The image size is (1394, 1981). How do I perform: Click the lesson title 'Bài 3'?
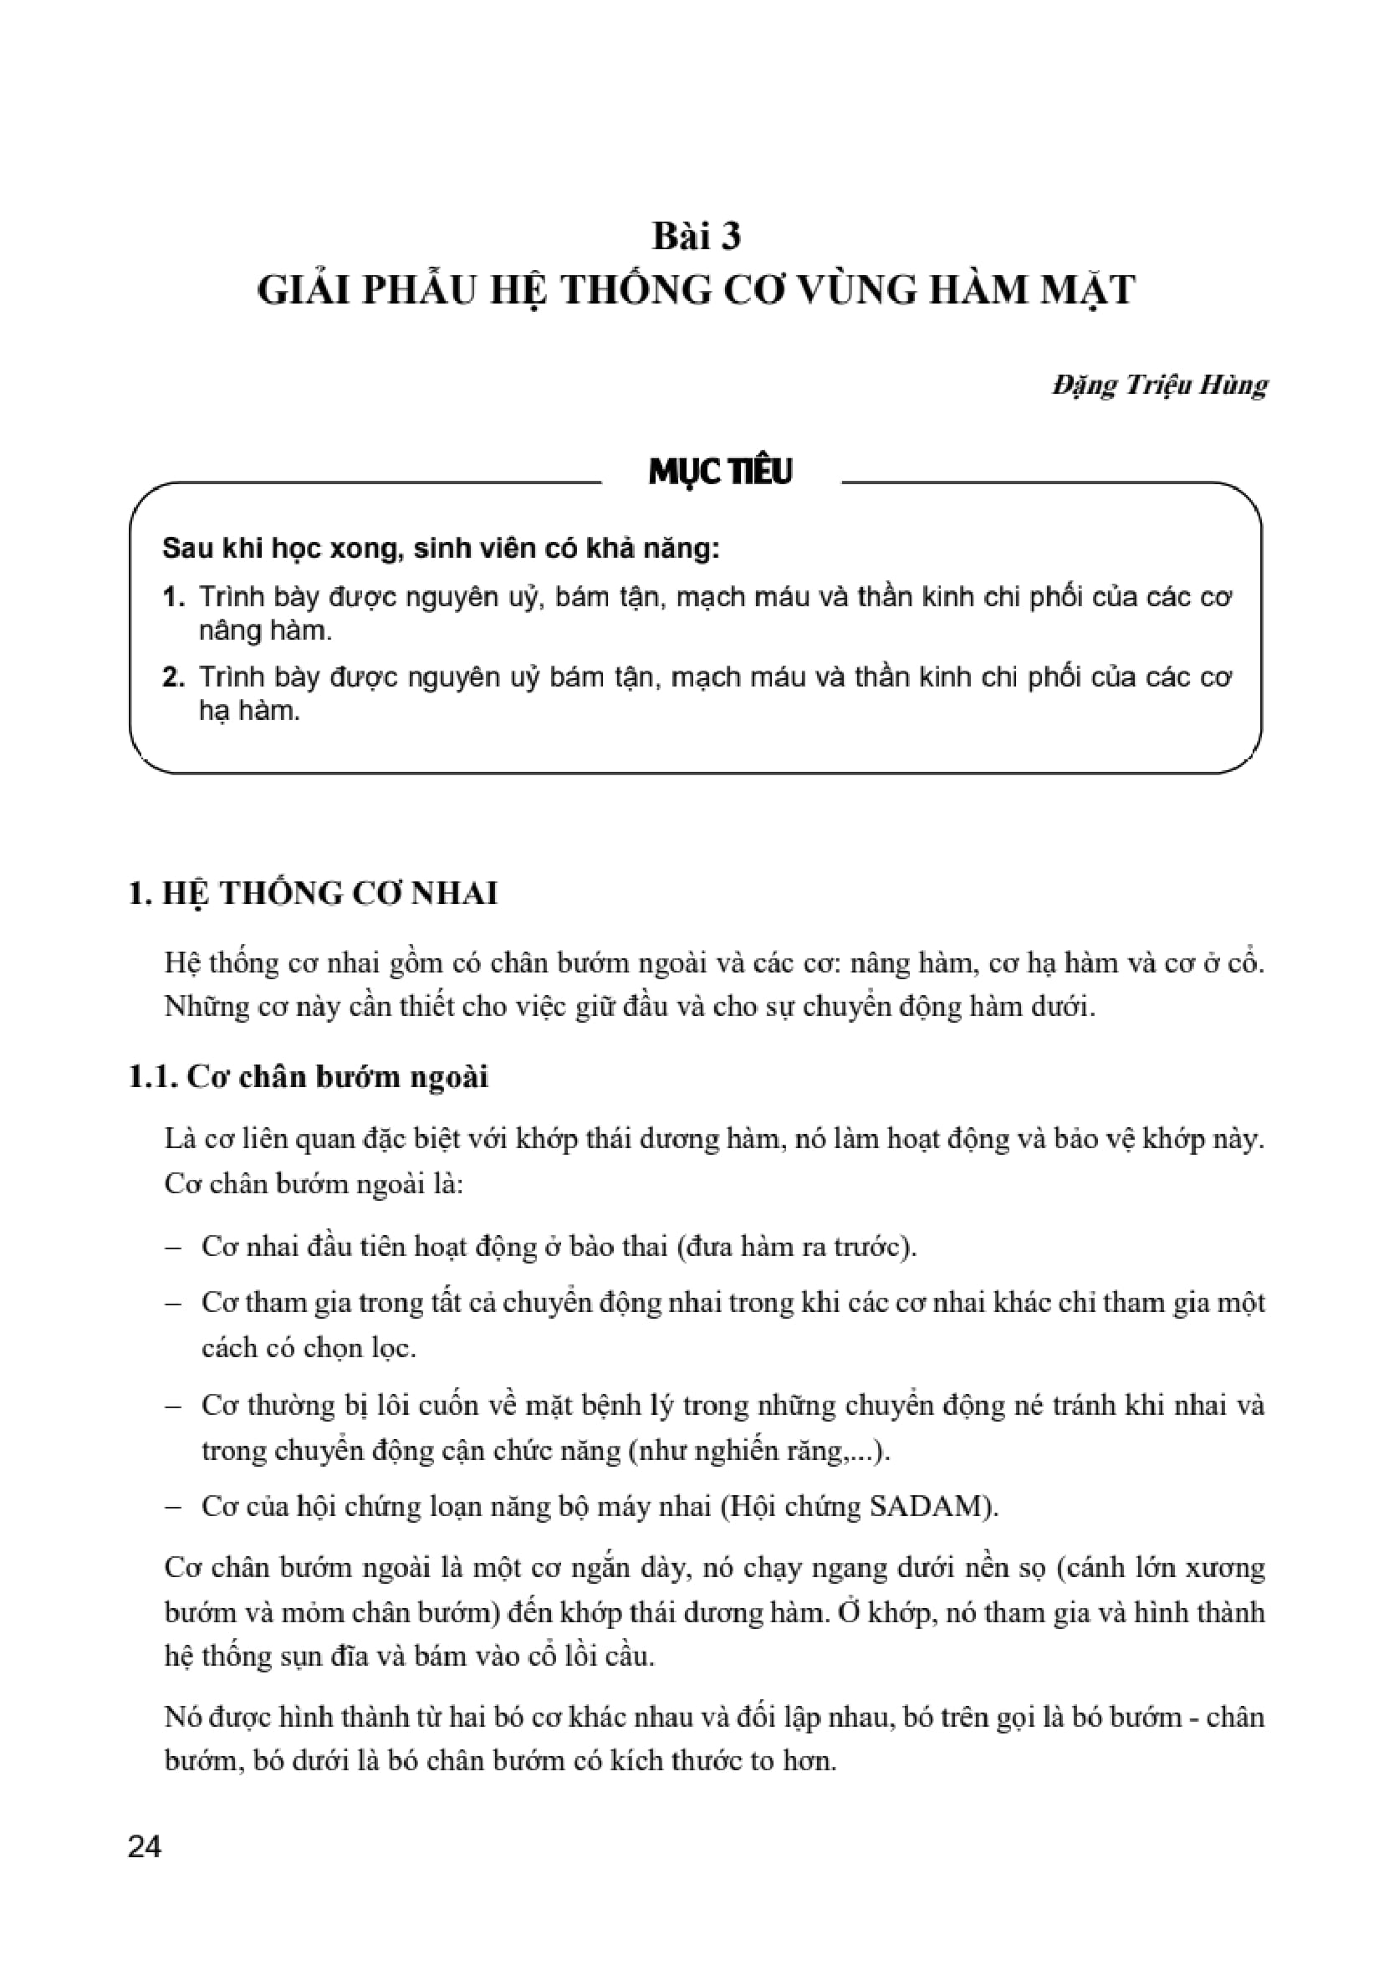pos(696,236)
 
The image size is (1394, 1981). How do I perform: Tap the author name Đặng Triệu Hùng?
pos(1158,385)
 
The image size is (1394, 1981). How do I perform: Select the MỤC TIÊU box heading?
pos(720,471)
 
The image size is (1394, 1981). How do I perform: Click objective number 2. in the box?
pos(173,677)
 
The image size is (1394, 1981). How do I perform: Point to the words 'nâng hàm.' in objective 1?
pos(265,631)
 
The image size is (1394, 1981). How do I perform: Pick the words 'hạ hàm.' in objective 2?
pos(249,711)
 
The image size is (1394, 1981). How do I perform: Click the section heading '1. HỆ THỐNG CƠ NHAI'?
pos(313,893)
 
